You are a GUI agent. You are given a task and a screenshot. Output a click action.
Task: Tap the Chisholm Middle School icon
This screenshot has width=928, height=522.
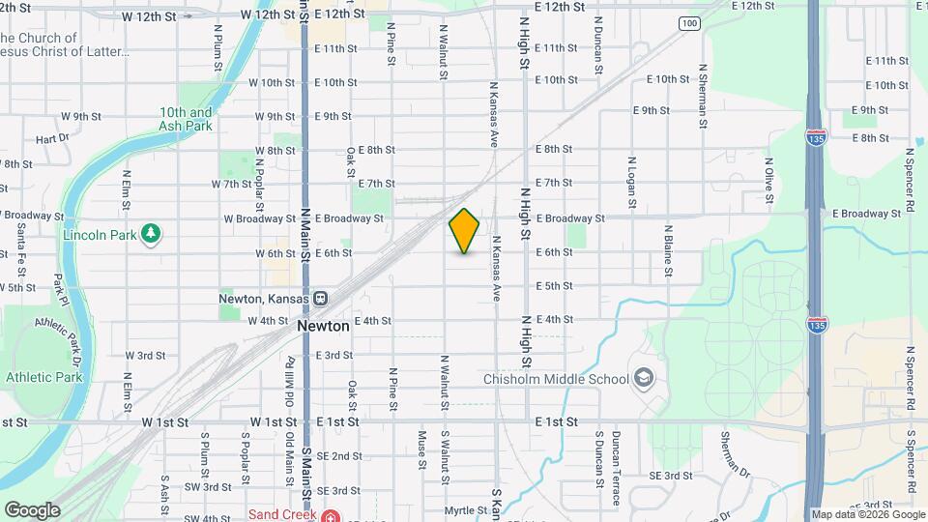coord(642,378)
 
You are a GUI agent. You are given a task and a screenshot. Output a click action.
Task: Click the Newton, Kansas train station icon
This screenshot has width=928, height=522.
coord(320,298)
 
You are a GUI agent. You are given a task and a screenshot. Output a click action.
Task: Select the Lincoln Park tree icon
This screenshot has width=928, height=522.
coord(150,234)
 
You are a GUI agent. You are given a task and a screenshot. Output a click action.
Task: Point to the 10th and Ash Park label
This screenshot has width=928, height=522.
coord(186,119)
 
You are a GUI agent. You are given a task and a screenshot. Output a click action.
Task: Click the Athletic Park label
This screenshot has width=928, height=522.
coord(44,377)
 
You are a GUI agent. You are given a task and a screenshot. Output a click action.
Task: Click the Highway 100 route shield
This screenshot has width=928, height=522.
coord(688,22)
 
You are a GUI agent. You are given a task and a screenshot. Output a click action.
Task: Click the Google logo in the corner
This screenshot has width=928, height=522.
coord(31,510)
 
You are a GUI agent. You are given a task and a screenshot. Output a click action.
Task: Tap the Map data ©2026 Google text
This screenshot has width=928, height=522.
coord(867,514)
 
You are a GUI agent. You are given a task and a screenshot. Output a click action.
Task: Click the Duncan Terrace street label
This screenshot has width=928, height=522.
coord(616,468)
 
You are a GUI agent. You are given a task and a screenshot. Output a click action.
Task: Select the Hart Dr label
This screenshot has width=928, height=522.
coord(52,138)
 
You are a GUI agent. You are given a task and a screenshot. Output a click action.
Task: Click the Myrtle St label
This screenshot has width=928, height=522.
coord(466,509)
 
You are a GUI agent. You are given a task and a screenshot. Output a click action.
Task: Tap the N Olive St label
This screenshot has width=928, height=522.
coord(768,182)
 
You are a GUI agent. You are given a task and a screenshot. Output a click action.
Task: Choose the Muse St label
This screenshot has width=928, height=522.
coord(421,450)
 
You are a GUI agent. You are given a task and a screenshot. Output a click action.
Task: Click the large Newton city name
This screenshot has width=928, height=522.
coord(323,327)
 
